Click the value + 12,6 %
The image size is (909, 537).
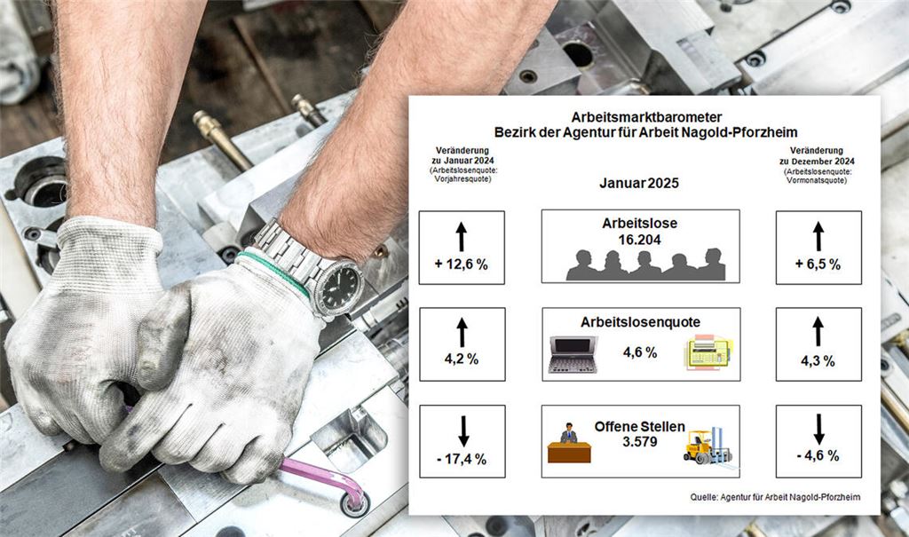click(x=462, y=265)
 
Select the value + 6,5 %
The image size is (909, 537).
click(x=818, y=265)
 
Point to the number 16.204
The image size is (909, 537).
click(x=639, y=240)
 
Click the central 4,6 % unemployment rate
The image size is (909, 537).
click(x=640, y=352)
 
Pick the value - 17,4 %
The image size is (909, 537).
click(x=462, y=459)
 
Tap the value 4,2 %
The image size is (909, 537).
click(x=462, y=359)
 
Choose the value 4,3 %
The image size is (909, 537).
click(x=818, y=361)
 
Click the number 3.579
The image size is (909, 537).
click(x=640, y=441)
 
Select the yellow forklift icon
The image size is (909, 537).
click(x=707, y=446)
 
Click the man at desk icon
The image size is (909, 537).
click(x=569, y=443)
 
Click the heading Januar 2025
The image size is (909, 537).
click(x=639, y=183)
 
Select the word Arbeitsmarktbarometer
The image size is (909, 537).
click(x=646, y=117)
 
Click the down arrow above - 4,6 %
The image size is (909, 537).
click(x=818, y=429)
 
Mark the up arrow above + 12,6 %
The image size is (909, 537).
click(x=462, y=237)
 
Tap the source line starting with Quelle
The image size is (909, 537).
click(x=775, y=497)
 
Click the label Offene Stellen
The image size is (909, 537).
click(x=639, y=427)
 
